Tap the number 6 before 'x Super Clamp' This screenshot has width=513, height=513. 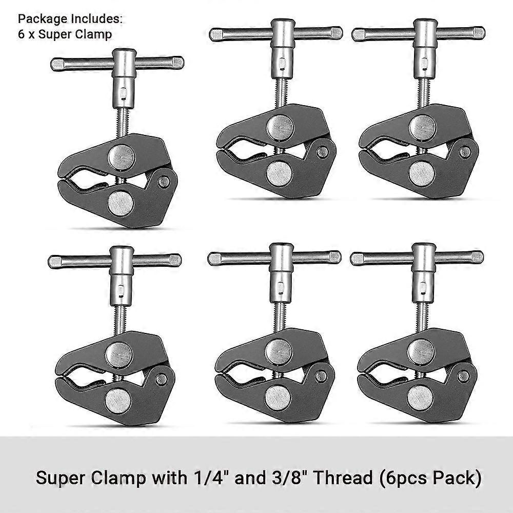click(21, 34)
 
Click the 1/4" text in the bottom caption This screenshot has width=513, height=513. click(208, 478)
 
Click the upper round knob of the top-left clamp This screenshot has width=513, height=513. click(121, 157)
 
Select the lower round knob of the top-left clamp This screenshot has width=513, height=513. click(121, 204)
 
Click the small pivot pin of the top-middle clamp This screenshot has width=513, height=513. click(322, 152)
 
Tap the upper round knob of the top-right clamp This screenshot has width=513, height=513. click(422, 128)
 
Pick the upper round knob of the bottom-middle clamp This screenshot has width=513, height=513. click(279, 352)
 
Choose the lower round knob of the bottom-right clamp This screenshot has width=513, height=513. click(420, 397)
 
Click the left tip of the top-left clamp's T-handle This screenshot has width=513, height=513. click(56, 65)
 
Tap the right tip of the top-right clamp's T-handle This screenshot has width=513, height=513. click(479, 33)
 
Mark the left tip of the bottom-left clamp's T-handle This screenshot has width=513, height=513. click(54, 262)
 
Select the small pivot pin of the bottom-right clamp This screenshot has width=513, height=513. click(463, 376)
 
